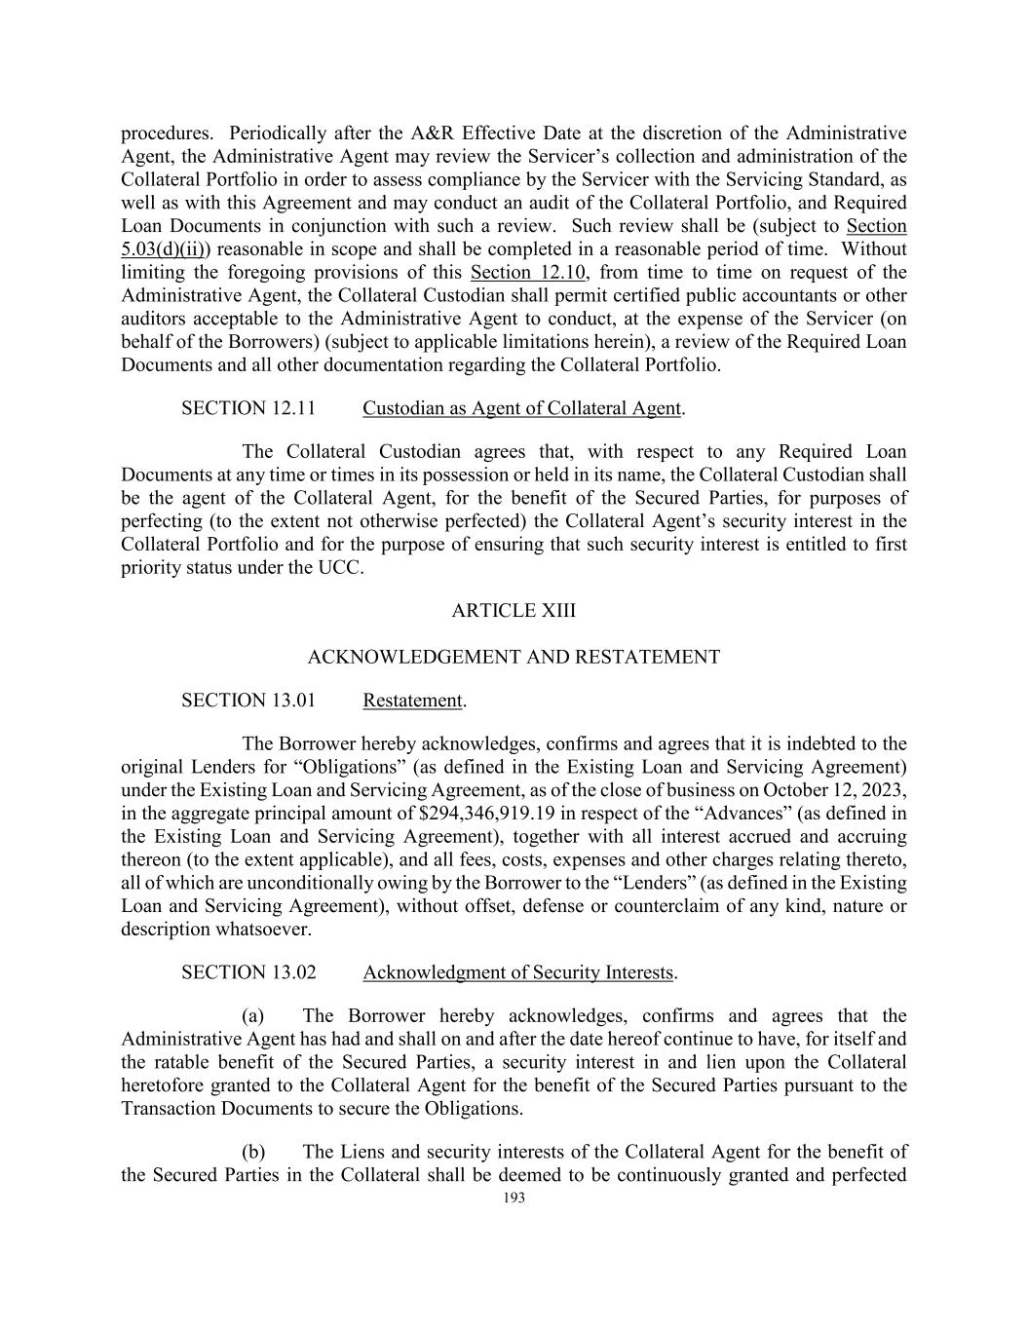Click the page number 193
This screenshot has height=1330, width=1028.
point(514,1198)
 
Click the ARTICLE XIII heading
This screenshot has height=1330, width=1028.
point(514,611)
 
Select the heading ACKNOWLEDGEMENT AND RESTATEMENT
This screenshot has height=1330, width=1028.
point(514,658)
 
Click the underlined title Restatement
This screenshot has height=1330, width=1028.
point(412,701)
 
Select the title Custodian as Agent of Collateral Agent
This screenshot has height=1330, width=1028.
point(521,408)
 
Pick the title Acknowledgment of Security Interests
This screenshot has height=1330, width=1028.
point(518,972)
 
